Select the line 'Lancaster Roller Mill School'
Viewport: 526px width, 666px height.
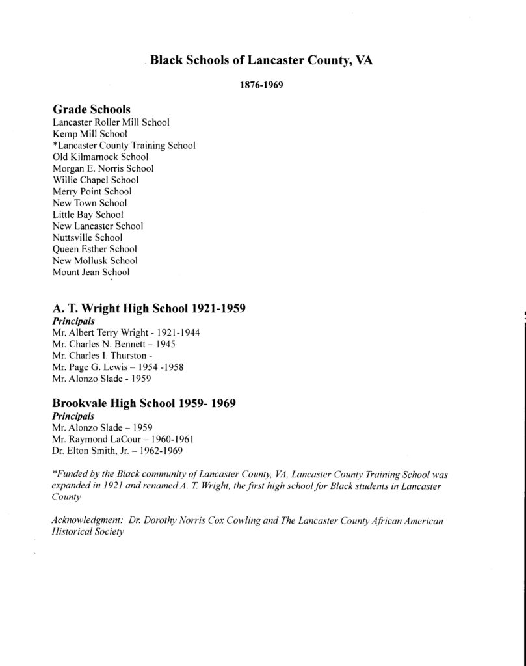pyautogui.click(x=111, y=122)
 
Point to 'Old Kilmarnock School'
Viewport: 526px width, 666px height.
pyautogui.click(x=100, y=157)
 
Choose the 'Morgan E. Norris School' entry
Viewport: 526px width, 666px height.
pyautogui.click(x=103, y=168)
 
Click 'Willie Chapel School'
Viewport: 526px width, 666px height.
pyautogui.click(x=96, y=180)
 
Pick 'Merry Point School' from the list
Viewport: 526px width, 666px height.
pyautogui.click(x=92, y=191)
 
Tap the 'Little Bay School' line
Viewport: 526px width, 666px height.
pyautogui.click(x=88, y=215)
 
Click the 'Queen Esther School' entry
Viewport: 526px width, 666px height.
pyautogui.click(x=94, y=249)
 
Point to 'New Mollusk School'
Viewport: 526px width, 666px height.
pyautogui.click(x=95, y=261)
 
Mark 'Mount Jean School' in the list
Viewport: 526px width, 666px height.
pyautogui.click(x=91, y=273)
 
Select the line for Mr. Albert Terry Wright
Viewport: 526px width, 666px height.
pyautogui.click(x=125, y=332)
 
